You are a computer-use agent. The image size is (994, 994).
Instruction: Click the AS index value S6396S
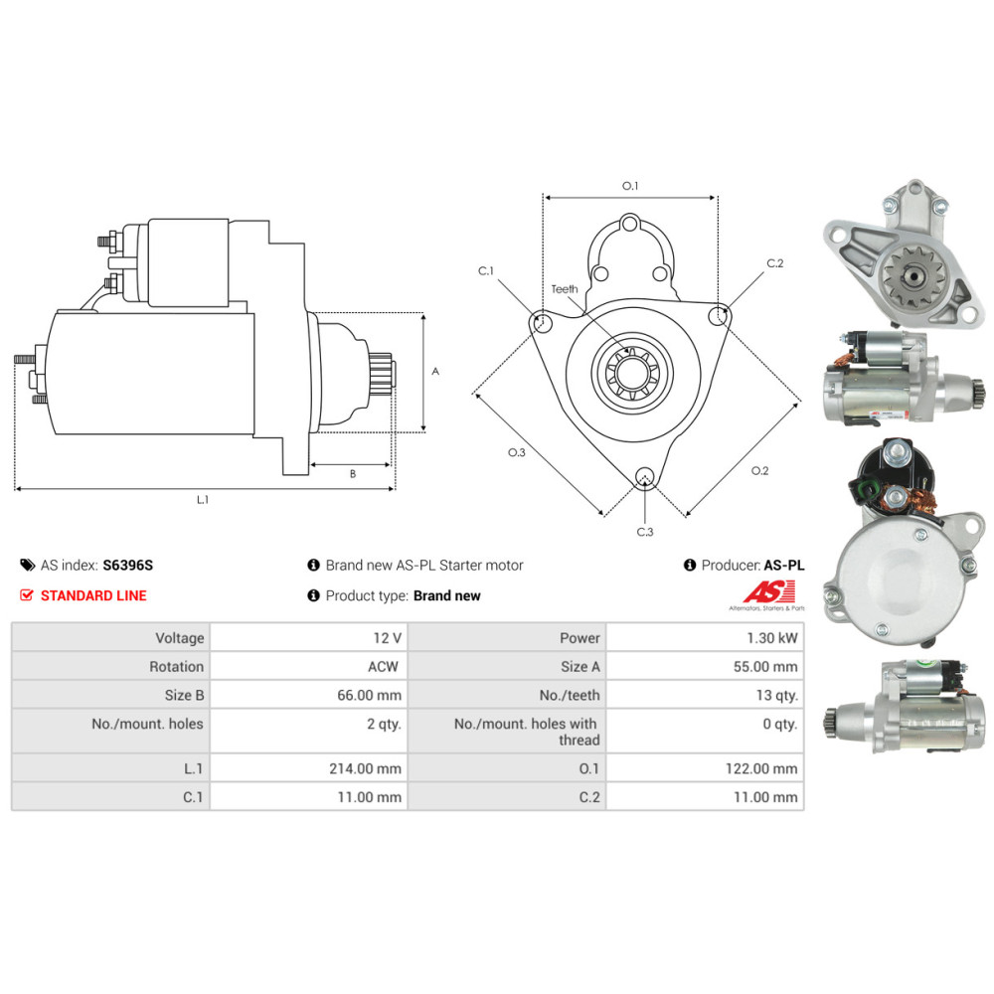point(127,565)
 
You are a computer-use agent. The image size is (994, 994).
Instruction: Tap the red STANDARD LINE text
point(93,595)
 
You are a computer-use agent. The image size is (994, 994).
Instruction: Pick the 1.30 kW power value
point(771,638)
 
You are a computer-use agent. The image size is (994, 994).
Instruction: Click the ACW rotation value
point(383,667)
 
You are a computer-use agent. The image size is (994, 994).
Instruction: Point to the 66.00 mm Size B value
point(369,695)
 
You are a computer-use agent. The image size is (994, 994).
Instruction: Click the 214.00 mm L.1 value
point(365,769)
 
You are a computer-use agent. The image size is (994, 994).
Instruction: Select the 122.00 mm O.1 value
point(761,769)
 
